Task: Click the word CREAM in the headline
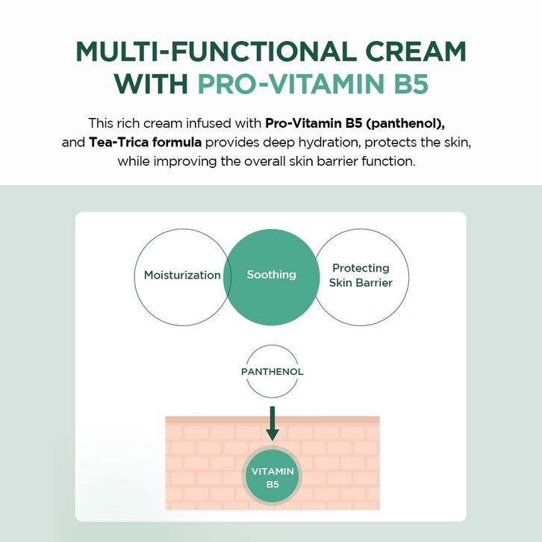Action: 416,52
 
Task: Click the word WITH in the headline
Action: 151,84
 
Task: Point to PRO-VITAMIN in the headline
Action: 291,84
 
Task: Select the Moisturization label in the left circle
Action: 182,275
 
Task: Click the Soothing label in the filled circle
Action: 271,275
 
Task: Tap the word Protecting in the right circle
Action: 361,268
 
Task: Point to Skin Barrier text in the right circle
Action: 361,283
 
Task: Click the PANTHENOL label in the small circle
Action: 272,372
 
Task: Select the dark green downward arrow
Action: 272,423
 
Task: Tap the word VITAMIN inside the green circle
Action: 272,472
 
